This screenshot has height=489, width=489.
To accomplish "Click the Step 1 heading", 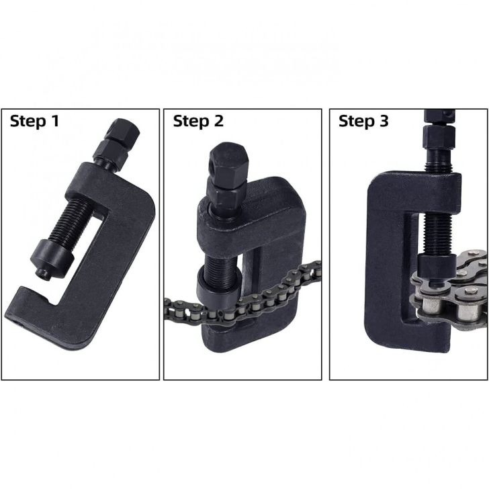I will (35, 122).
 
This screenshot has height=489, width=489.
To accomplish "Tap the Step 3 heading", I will (363, 122).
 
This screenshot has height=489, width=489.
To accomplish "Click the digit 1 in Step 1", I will (55, 122).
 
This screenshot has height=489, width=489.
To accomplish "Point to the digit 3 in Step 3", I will (384, 122).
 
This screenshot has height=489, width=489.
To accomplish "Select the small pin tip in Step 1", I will (43, 274).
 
